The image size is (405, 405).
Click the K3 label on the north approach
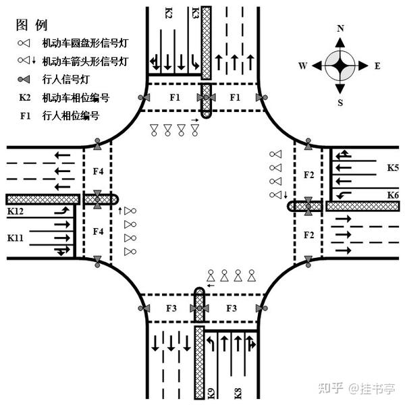coord(195,13)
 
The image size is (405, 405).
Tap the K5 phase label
coord(392,166)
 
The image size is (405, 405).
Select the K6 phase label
coord(392,194)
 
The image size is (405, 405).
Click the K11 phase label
coord(16,238)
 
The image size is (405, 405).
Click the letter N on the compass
coord(341,28)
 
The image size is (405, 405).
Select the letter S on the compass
coord(341,103)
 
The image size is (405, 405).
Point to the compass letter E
coord(377,66)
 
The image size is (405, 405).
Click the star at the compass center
coord(340,65)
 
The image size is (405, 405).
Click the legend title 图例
coord(32,26)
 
